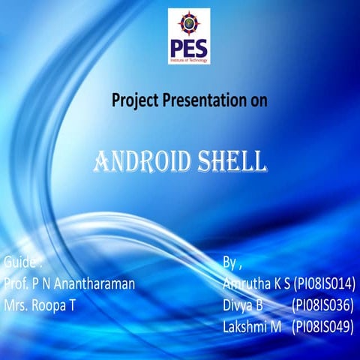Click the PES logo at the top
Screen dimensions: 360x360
(189, 36)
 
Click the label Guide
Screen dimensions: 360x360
(21, 262)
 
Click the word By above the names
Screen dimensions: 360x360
(231, 263)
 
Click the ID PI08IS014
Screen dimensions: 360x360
(324, 284)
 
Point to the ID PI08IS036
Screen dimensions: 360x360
(323, 305)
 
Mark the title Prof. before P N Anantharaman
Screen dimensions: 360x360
(16, 284)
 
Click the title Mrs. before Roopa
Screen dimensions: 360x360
(16, 305)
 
